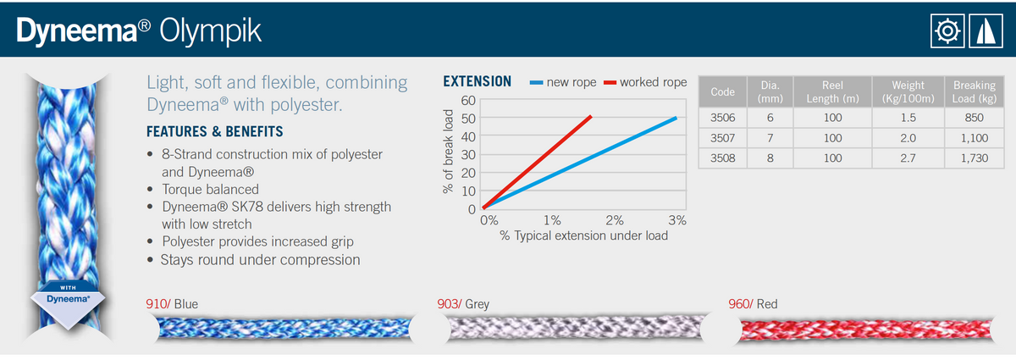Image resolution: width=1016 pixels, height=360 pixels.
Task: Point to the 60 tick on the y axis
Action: tap(468, 100)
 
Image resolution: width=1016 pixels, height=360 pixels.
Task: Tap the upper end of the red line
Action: tap(590, 116)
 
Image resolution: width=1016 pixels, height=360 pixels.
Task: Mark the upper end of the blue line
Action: tap(676, 118)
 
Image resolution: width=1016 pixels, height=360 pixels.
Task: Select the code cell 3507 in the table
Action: tap(723, 137)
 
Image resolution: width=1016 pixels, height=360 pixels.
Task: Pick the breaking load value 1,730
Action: tap(974, 157)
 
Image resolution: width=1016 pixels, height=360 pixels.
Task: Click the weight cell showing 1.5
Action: tap(908, 118)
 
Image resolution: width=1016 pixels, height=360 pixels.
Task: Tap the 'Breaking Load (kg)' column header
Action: tap(974, 91)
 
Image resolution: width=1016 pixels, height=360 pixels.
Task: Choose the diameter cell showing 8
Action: tap(770, 157)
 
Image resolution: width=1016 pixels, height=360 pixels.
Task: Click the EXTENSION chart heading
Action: tap(478, 82)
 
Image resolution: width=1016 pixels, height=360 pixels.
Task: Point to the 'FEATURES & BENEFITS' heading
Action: tap(215, 132)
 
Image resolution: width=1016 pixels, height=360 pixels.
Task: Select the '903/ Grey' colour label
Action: tap(464, 303)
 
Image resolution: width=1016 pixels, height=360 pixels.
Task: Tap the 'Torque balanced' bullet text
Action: tap(210, 189)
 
